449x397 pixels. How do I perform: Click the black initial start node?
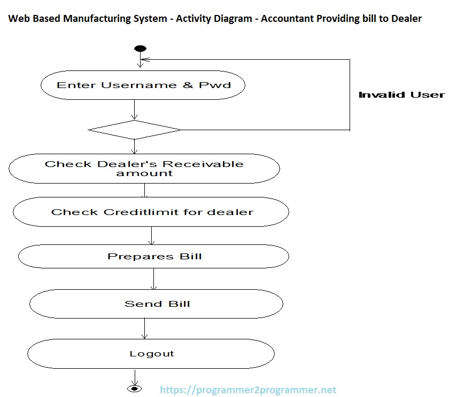(x=141, y=49)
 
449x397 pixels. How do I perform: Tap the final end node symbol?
(x=134, y=388)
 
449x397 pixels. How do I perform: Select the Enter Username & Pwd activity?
(x=143, y=85)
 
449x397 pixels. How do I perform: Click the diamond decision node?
(x=134, y=130)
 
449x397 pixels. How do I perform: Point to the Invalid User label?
(x=401, y=95)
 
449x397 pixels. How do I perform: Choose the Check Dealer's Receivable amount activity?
(x=144, y=169)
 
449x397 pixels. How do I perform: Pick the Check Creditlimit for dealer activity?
(x=151, y=212)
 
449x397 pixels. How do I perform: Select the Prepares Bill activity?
(x=153, y=257)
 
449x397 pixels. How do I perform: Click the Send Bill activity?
(x=156, y=304)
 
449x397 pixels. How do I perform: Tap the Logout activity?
(x=151, y=354)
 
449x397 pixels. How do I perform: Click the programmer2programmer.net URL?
(x=249, y=390)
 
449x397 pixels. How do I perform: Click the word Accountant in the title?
(x=284, y=19)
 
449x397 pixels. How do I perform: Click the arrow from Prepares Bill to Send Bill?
(x=154, y=280)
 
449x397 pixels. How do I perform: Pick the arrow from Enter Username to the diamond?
(x=134, y=110)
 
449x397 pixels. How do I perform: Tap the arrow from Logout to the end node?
(x=134, y=375)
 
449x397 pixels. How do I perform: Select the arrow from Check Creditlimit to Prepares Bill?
(x=152, y=235)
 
